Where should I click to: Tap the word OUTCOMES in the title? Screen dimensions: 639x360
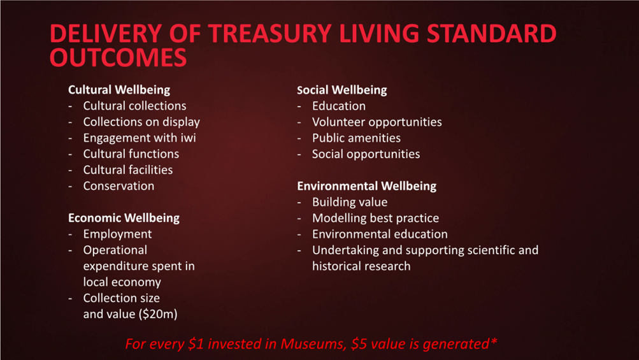pos(118,57)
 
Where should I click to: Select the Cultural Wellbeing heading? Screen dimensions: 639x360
pos(119,90)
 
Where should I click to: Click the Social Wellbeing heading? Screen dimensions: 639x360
pos(342,90)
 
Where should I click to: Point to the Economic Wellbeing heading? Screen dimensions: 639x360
pos(124,218)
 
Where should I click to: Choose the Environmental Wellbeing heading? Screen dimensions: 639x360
pos(367,186)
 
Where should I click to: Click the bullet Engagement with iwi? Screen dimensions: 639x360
pos(140,138)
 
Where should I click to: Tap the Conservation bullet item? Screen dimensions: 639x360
pos(118,186)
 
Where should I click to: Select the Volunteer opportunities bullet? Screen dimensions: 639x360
pos(377,122)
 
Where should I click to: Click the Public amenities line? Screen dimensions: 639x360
pos(356,138)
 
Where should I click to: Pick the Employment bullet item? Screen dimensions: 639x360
pos(117,234)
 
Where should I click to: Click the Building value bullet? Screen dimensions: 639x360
pos(350,202)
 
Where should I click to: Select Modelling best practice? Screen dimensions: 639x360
pos(375,218)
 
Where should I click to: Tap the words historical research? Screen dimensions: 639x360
pos(361,266)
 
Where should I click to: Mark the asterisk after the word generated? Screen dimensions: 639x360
pos(494,341)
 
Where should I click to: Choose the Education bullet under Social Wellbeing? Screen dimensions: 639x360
pos(339,106)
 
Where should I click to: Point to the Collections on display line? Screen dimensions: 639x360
pos(141,122)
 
